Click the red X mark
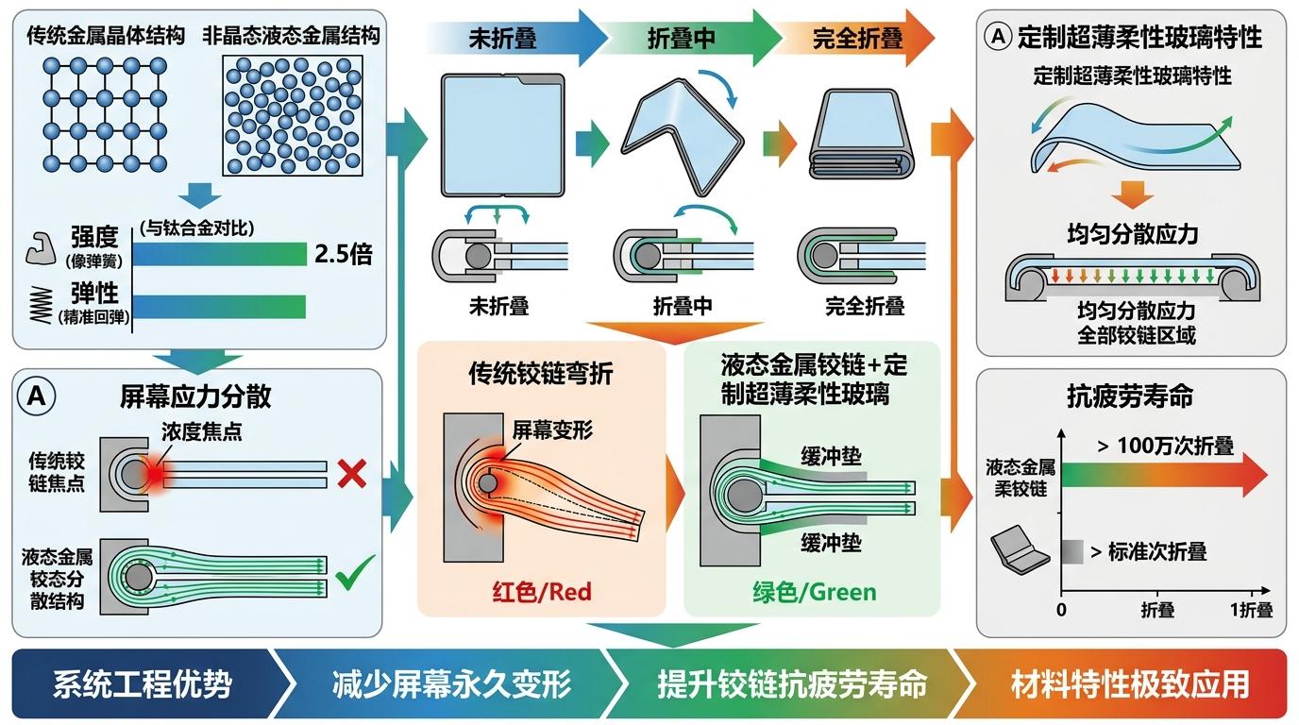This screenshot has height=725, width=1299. [x=351, y=473]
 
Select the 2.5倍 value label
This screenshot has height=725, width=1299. [x=343, y=254]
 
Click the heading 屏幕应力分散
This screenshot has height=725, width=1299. [x=195, y=395]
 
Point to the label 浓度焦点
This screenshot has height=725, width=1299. [x=201, y=431]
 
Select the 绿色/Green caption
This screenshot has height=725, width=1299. [x=814, y=592]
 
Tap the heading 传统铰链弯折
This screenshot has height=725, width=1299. [x=541, y=374]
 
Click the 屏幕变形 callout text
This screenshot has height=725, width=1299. [x=552, y=430]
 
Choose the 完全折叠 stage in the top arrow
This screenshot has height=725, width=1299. [x=857, y=39]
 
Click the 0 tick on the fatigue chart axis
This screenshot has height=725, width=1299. [x=1062, y=610]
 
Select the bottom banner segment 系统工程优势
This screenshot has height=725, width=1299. [x=142, y=683]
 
